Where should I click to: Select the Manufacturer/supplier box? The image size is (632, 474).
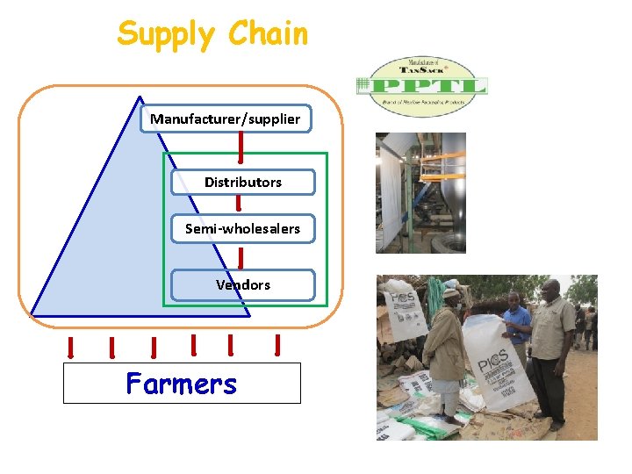coord(226,118)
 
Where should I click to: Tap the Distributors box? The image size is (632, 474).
coord(243,183)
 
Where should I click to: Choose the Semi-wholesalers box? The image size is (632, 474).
coord(242,228)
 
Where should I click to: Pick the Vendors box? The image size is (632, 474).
coord(243,285)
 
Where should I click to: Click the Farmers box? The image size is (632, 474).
coord(182,384)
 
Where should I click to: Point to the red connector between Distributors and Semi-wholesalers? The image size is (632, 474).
coord(238,204)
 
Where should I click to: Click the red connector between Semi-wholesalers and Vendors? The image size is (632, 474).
coord(241,256)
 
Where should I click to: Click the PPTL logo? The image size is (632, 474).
coord(421,86)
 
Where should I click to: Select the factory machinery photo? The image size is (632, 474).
coord(420,193)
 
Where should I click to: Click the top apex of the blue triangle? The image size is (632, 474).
coord(139,96)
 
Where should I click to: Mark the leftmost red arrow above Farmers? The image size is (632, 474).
coord(70,348)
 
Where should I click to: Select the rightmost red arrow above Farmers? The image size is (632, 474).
coord(277,345)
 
